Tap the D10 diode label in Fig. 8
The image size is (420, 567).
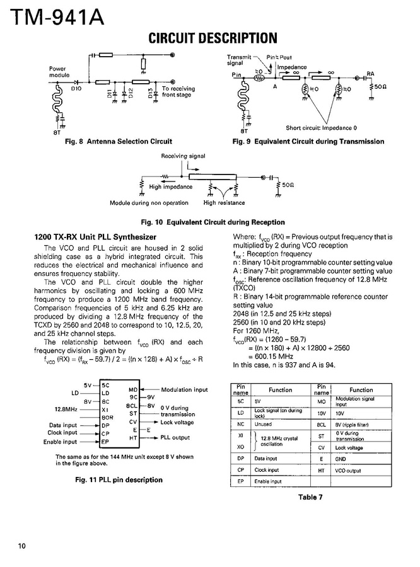(x=76, y=89)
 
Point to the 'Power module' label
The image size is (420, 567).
(x=59, y=71)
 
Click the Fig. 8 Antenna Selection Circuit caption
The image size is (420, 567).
(x=119, y=142)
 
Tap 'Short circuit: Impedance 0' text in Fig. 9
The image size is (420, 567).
(x=321, y=127)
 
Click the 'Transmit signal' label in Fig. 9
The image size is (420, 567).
(x=235, y=60)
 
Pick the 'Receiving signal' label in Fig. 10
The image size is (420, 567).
(x=183, y=156)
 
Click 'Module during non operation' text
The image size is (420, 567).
(x=149, y=203)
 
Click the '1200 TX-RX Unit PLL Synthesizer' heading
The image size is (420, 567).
(x=95, y=237)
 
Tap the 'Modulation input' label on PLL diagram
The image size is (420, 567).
(x=184, y=390)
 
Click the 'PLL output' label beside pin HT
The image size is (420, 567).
(x=175, y=437)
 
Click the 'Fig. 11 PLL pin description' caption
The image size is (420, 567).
(x=119, y=480)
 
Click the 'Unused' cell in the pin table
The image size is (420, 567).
(x=263, y=425)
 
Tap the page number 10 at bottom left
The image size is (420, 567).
(x=22, y=546)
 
